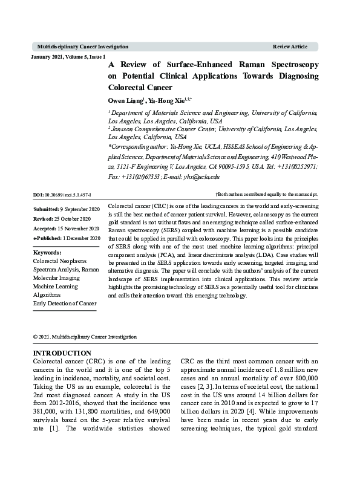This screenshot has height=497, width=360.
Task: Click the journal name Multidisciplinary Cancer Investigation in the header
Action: [82, 47]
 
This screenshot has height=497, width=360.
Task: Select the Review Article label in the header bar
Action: [290, 47]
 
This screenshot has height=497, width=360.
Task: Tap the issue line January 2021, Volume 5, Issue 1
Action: [68, 56]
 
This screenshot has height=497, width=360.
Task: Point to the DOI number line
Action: [62, 195]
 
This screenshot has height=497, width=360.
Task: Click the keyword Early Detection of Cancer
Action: [65, 303]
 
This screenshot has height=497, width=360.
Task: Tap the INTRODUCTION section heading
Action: [62, 353]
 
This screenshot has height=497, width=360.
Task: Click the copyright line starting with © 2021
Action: [85, 337]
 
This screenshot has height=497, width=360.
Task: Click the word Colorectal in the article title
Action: [131, 88]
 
